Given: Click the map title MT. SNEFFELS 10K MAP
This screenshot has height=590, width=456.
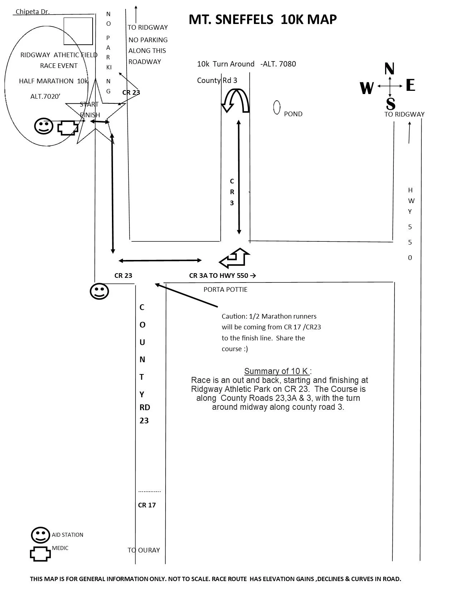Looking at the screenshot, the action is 263,20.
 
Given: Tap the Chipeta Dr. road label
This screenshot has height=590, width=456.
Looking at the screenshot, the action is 33,12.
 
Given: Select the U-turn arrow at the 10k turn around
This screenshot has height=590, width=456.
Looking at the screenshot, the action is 235,100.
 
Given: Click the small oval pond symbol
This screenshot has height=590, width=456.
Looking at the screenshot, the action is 277,108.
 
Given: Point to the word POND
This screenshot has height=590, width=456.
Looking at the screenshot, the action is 293,114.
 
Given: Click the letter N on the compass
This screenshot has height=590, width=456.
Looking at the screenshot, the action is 389,69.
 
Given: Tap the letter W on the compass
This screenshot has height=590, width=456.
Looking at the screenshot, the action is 367,88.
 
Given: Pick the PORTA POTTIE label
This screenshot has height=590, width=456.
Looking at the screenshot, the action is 225,289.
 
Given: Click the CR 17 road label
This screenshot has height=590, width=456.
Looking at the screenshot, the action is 147,505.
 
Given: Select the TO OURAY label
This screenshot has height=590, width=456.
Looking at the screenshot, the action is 144,550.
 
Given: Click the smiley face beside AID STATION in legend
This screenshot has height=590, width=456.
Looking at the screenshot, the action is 40,535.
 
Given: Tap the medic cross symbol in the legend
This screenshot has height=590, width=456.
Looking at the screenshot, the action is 40,554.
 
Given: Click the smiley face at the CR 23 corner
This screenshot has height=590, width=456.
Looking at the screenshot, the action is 99,291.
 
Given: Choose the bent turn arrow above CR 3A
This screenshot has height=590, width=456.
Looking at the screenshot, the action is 234,258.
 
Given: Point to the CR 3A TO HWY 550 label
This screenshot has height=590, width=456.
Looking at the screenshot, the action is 222,276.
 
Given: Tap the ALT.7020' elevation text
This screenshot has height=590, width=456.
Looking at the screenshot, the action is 45,97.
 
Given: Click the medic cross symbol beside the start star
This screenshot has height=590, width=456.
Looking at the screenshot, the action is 68,128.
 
